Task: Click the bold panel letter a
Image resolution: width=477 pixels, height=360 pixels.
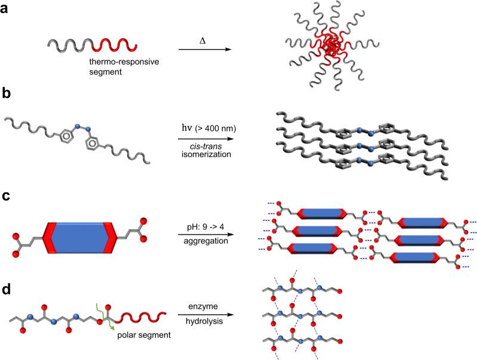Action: [x=7, y=11]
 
